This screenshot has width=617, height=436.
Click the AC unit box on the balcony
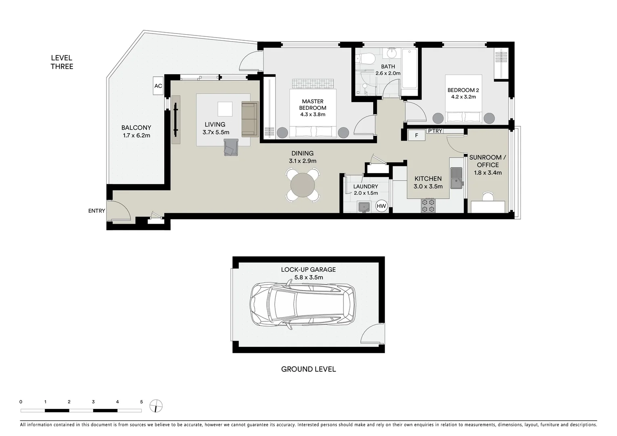coord(158,86)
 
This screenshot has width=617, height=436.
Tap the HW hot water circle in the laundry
coord(381,206)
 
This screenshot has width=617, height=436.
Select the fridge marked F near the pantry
coord(416,136)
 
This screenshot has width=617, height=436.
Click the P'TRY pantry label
coord(435,131)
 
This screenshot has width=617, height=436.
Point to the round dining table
coord(303,185)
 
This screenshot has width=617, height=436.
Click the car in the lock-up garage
coord(303,304)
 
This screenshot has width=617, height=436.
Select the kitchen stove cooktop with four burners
coord(428,205)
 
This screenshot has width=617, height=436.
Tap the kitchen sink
coord(456,178)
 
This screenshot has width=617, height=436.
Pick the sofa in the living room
coord(250,119)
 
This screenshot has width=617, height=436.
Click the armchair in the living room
coord(231,147)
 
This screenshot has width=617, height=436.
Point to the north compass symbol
coord(156,406)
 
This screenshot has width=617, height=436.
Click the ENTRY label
coord(96,211)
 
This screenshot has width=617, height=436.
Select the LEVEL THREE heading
coord(62,62)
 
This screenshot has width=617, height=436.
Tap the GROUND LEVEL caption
coord(308,369)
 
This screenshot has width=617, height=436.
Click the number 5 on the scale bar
coord(141,402)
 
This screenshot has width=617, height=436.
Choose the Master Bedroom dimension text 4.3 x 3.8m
coord(312,115)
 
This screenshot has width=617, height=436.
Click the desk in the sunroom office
coord(488,207)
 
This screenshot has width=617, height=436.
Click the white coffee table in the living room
coord(225,109)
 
